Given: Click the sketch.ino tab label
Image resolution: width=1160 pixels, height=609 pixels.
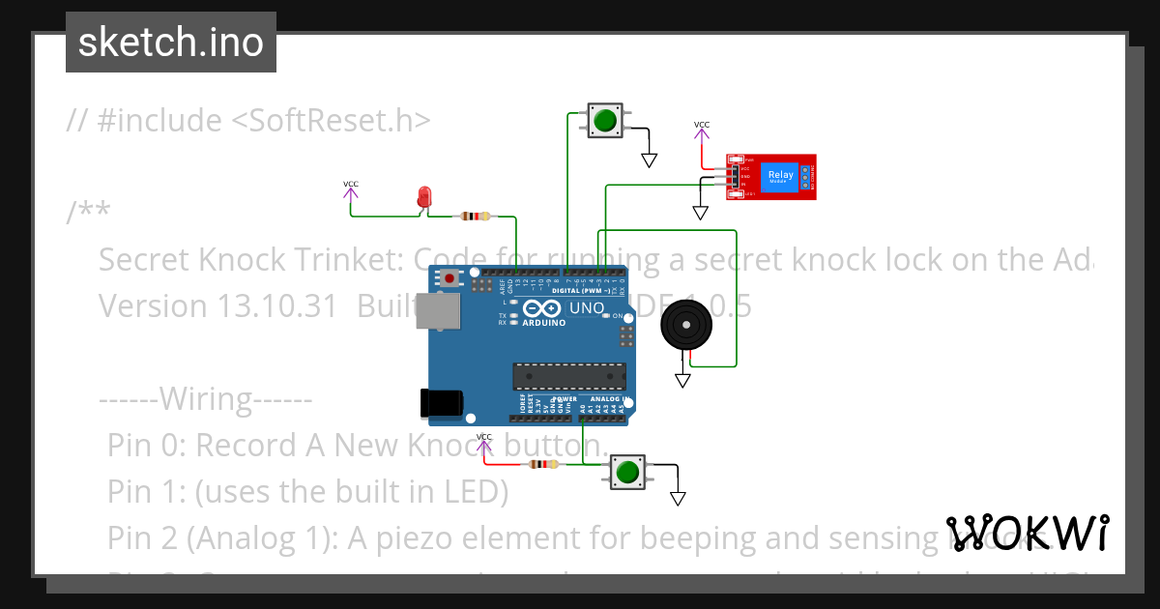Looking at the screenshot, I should [x=170, y=43].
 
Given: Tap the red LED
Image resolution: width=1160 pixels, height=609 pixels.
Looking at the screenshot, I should [x=423, y=196].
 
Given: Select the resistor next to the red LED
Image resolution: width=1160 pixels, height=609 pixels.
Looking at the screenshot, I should [x=474, y=217].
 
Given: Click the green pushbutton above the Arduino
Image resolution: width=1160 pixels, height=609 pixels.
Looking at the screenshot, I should [x=605, y=121].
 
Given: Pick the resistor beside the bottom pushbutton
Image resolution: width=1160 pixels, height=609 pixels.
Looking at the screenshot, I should [x=542, y=465].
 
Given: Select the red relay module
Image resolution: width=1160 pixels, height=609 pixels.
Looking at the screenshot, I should [x=771, y=177].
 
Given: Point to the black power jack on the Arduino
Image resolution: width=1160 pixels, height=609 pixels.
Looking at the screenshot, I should [x=442, y=402].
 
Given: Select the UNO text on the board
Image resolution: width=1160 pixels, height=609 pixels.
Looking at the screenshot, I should [x=586, y=308].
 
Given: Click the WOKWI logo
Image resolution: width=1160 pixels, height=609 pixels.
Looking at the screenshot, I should [x=1027, y=533].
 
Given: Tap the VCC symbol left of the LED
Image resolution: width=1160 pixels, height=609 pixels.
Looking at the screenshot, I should [x=350, y=188].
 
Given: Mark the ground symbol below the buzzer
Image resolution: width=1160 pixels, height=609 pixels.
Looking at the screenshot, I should [x=683, y=381].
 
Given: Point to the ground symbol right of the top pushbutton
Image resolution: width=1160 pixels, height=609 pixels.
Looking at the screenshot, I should [x=650, y=160].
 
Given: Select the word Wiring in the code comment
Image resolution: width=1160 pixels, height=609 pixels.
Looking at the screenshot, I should [x=206, y=398].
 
